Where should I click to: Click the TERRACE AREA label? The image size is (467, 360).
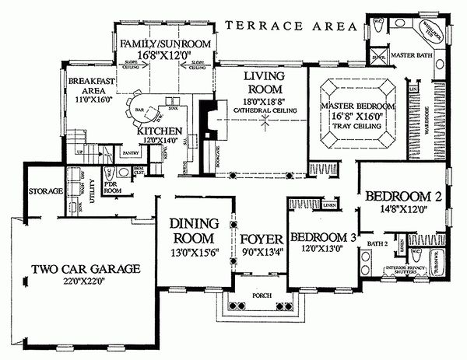pyautogui.click(x=290, y=26)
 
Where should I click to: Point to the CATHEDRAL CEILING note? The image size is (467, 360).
pyautogui.click(x=264, y=111)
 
